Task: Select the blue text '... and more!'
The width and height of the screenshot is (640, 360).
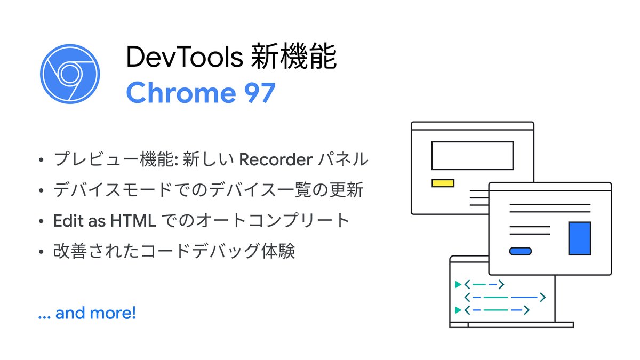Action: click(x=87, y=313)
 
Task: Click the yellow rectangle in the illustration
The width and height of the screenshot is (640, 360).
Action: click(x=443, y=183)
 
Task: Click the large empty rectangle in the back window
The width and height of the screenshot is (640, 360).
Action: click(x=472, y=155)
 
